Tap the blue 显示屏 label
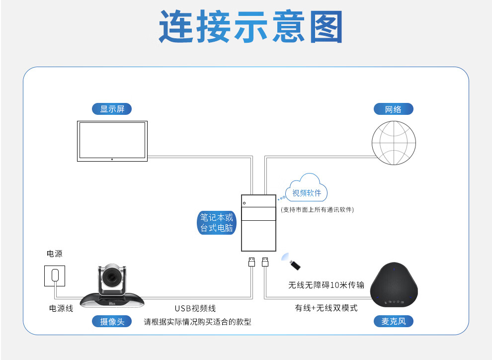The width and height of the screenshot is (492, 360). pos(112,109)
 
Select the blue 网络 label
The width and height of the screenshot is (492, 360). pos(393,109)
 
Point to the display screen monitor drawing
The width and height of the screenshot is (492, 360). pos(112,140)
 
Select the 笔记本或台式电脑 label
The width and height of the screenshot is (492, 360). pos(216,223)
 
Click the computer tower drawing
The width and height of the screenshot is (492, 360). pos(258,223)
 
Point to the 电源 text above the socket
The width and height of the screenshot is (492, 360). pos(55,254)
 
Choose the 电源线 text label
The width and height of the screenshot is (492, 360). pos(61,308)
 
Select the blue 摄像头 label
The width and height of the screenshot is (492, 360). pos(112,321)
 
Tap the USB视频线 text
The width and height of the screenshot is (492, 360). pos(195,308)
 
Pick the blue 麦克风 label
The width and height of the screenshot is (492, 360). pos(393,321)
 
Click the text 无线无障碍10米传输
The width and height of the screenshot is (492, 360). pos(326,285)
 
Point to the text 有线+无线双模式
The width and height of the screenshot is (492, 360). pos(326,308)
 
